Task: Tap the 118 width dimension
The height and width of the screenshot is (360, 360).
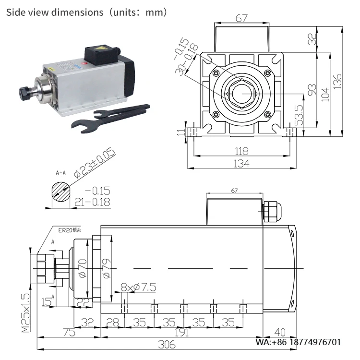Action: (x=241, y=150)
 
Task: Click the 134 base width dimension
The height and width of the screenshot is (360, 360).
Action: (x=241, y=163)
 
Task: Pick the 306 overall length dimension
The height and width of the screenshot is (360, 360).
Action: (x=167, y=345)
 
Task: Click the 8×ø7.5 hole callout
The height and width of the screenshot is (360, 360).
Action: (x=138, y=288)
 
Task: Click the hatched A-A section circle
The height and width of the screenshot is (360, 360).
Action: (x=60, y=193)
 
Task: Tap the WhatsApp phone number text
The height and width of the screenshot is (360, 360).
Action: (x=298, y=342)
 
